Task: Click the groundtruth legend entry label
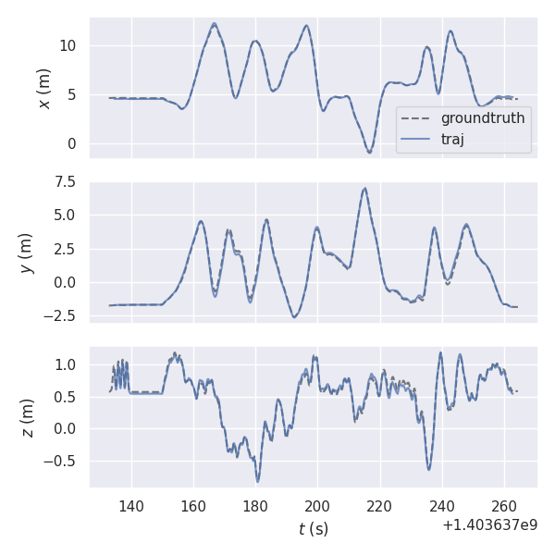(483, 118)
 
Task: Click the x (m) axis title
(43, 88)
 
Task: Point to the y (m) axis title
(27, 252)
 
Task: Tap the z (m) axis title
(27, 417)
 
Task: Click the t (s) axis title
(313, 529)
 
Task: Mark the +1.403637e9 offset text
(490, 525)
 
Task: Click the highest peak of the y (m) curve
(364, 189)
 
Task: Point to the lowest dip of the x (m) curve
(369, 152)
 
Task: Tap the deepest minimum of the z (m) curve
(258, 481)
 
